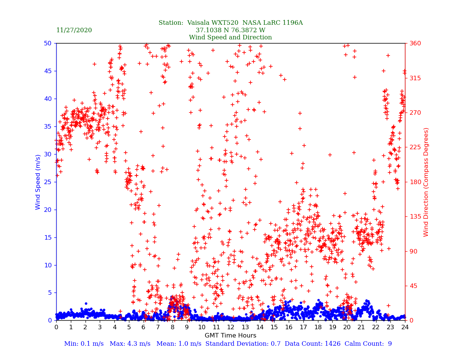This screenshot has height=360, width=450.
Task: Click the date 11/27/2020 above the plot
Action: click(74, 30)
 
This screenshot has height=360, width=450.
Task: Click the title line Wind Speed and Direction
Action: click(230, 37)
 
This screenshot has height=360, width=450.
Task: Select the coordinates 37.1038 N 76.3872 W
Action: click(230, 30)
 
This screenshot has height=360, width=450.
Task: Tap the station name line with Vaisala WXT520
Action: click(230, 23)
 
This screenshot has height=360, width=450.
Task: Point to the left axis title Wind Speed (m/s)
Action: click(38, 182)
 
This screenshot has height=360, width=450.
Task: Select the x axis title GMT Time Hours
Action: click(230, 336)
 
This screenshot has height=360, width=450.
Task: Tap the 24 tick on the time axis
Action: click(405, 327)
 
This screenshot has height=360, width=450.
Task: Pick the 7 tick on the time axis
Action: click(158, 327)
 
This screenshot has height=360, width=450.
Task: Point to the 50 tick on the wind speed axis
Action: click(48, 43)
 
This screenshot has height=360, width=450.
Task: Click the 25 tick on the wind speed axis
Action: click(48, 182)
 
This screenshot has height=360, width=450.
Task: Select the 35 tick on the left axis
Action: click(48, 126)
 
